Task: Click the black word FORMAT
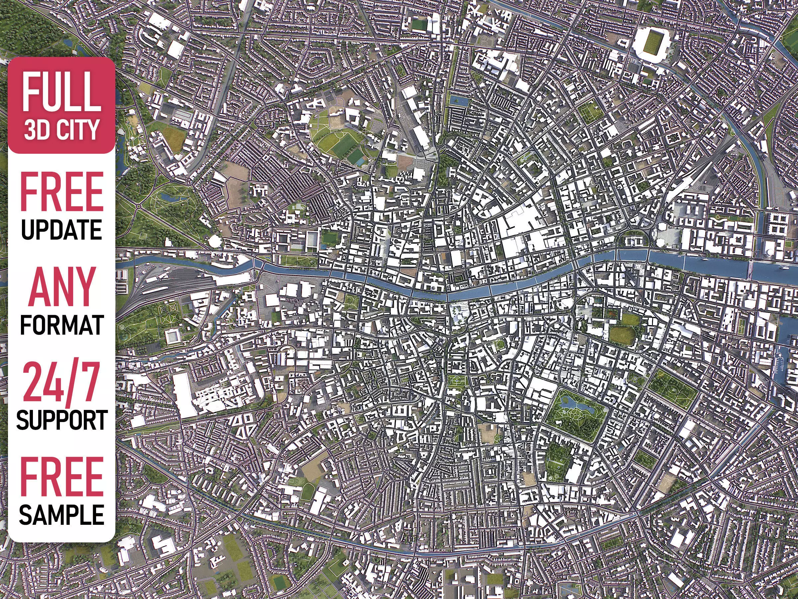pos(61,324)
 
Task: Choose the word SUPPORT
pos(61,420)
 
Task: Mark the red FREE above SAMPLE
pos(61,476)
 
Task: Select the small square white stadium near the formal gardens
pos(174,336)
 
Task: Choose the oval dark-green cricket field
pos(623,335)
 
